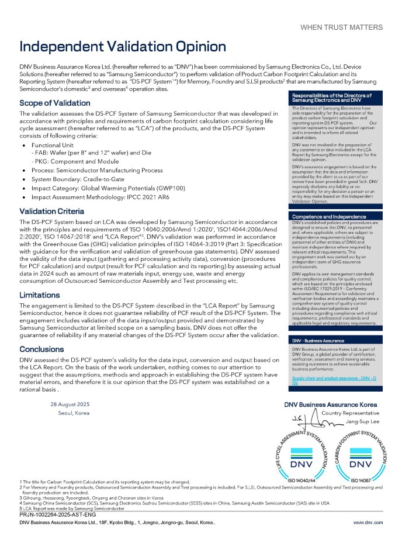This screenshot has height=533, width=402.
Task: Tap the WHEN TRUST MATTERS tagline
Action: (341, 27)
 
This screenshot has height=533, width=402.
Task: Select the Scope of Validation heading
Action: (55, 103)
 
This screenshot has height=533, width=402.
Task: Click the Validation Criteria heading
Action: (51, 211)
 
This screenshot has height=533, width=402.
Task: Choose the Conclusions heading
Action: (41, 349)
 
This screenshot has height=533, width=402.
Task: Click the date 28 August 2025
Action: (70, 404)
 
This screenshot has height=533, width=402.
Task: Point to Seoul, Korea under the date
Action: (74, 413)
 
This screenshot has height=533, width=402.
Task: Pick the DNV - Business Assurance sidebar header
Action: (319, 340)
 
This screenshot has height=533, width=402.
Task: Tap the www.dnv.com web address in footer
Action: (368, 521)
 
